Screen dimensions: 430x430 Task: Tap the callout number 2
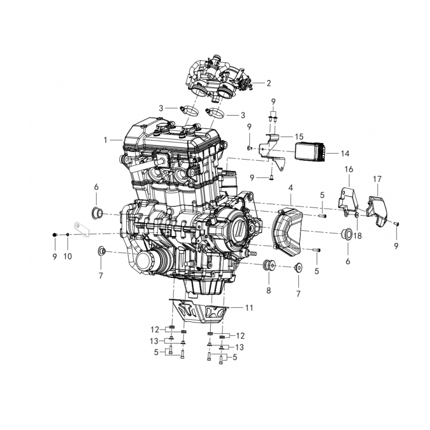[269, 83]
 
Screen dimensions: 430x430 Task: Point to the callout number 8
[268, 291]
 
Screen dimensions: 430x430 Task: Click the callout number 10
[68, 257]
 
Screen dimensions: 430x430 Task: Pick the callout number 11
[248, 308]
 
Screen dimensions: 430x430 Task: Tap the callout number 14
[345, 153]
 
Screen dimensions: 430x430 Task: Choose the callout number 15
[299, 137]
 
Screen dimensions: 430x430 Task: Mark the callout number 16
[349, 169]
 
